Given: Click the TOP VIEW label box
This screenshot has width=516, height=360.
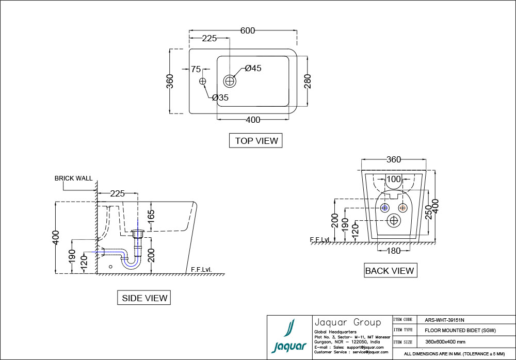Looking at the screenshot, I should [256, 140].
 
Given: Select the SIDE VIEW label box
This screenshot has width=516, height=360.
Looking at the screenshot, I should [144, 298].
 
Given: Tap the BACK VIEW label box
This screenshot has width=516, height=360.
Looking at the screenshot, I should [389, 270].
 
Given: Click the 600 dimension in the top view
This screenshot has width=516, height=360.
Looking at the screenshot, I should [248, 30].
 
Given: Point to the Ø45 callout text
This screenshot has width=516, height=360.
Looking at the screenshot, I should [253, 68].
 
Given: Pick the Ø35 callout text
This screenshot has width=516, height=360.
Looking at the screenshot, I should [220, 97].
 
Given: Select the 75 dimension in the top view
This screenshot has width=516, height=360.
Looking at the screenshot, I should [196, 69].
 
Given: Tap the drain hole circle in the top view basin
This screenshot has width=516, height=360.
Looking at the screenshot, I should [230, 80].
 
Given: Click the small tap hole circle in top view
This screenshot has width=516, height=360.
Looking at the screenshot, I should [203, 81].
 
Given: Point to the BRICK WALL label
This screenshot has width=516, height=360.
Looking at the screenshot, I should [74, 178].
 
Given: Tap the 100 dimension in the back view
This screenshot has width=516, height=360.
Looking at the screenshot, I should [394, 179].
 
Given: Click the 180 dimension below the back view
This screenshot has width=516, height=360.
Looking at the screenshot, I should [394, 251].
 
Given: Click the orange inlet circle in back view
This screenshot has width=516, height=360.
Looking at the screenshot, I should [403, 207].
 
